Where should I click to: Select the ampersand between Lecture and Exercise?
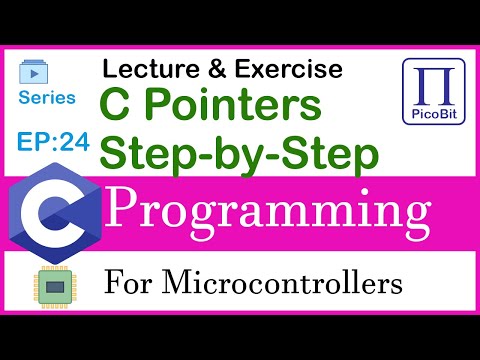pos(207,69)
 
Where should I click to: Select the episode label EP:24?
pos(53,142)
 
